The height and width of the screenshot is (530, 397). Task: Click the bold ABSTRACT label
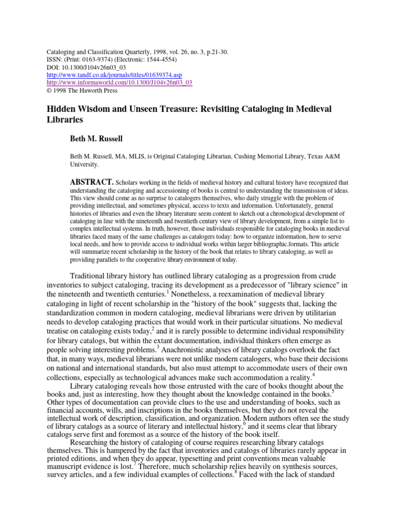pos(91,182)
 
